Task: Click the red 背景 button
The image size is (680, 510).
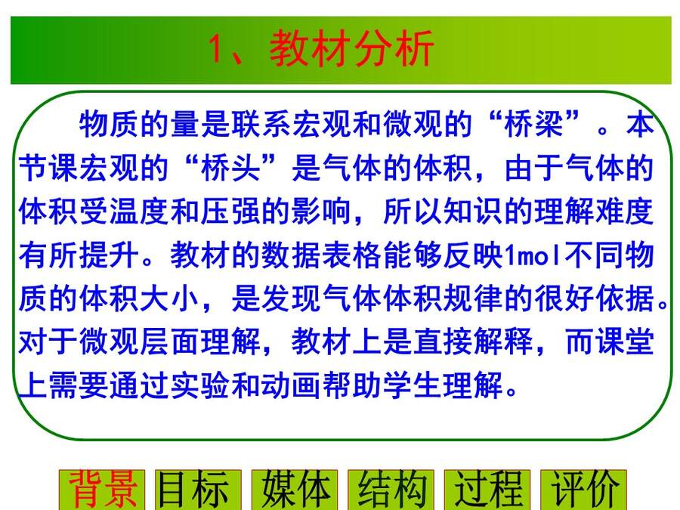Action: [102, 490]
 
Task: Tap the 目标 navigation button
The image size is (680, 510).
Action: [198, 490]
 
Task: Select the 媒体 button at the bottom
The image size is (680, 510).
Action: [295, 490]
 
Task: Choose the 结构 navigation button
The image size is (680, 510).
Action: [391, 490]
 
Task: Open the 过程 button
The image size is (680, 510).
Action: [487, 490]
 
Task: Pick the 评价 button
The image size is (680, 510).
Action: [583, 490]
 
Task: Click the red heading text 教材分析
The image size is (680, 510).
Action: [351, 48]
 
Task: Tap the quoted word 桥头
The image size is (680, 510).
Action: [230, 168]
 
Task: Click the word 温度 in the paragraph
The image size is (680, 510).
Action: [139, 212]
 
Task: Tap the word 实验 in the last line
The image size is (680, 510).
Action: [199, 385]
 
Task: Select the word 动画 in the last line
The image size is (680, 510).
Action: [291, 385]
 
